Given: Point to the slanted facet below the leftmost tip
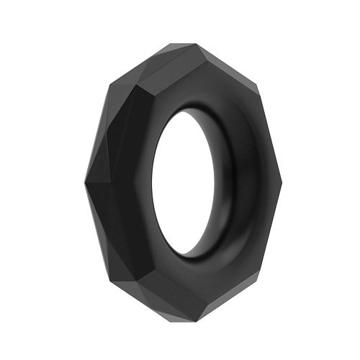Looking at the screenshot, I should point(97,230).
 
